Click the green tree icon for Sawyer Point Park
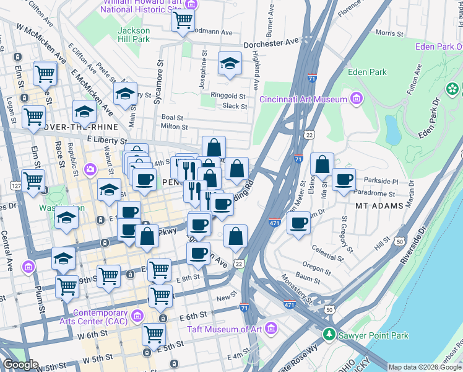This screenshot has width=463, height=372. (x=329, y=335)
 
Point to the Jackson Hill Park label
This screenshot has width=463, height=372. (x=134, y=35)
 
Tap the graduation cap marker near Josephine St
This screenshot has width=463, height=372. (x=230, y=64)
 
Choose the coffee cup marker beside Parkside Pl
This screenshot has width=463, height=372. (x=344, y=180)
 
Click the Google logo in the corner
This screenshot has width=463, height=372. (x=20, y=365)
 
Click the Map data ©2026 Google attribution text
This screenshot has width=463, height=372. (x=425, y=367)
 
